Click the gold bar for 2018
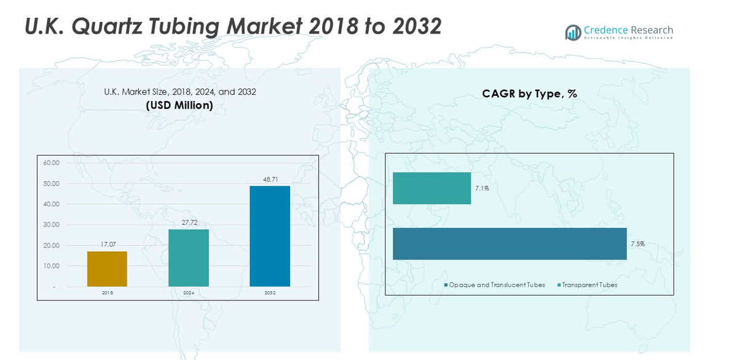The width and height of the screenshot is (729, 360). [107, 269]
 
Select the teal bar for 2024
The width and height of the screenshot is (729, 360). [188, 258]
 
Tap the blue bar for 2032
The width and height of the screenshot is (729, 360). [270, 237]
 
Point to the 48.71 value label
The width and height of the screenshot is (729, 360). [270, 179]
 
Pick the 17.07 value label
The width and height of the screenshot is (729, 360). [107, 245]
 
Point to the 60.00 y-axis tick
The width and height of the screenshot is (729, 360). [52, 163]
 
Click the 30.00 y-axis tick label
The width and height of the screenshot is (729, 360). [52, 225]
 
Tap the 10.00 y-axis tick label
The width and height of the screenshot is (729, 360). [52, 266]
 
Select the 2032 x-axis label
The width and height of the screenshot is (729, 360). [270, 293]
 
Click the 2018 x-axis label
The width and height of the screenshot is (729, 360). [107, 293]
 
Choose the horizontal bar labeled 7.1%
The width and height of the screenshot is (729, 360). [431, 188]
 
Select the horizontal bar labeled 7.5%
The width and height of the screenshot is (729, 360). [510, 244]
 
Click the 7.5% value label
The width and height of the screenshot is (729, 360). [637, 244]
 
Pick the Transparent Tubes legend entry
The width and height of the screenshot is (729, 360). [589, 285]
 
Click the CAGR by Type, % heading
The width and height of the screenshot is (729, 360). [529, 93]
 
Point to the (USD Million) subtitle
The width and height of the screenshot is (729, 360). [179, 105]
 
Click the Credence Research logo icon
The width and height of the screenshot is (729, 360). [573, 32]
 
